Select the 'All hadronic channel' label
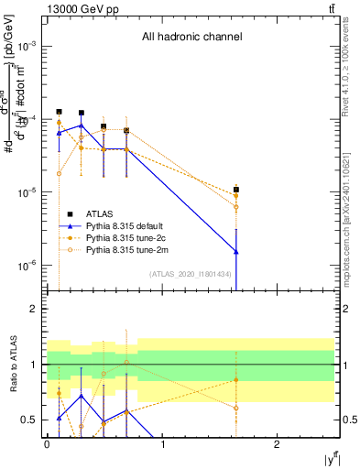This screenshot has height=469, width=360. [x=191, y=38]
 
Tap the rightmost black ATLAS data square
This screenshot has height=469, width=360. [x=236, y=189]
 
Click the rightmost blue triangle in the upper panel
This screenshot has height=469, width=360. [x=236, y=251]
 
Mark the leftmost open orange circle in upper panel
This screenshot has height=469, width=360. [x=59, y=173]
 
